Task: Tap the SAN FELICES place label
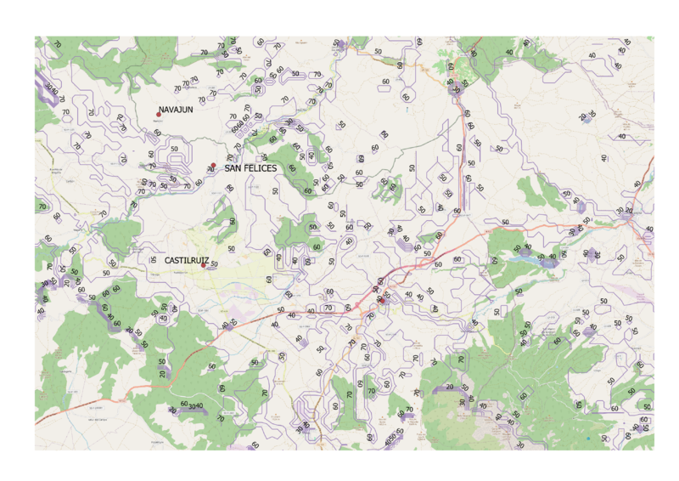(250, 169)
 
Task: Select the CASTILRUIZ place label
(187, 259)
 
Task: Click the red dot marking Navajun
(158, 115)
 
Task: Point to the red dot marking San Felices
(214, 165)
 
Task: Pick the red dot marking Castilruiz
(203, 264)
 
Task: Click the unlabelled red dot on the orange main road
(383, 300)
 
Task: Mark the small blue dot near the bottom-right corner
(587, 439)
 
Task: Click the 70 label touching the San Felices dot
(208, 169)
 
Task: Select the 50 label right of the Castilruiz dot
(213, 264)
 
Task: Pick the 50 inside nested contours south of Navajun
(175, 149)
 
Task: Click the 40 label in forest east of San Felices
(311, 156)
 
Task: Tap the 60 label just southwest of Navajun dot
(156, 133)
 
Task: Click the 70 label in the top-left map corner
(58, 42)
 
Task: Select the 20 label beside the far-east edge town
(630, 208)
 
